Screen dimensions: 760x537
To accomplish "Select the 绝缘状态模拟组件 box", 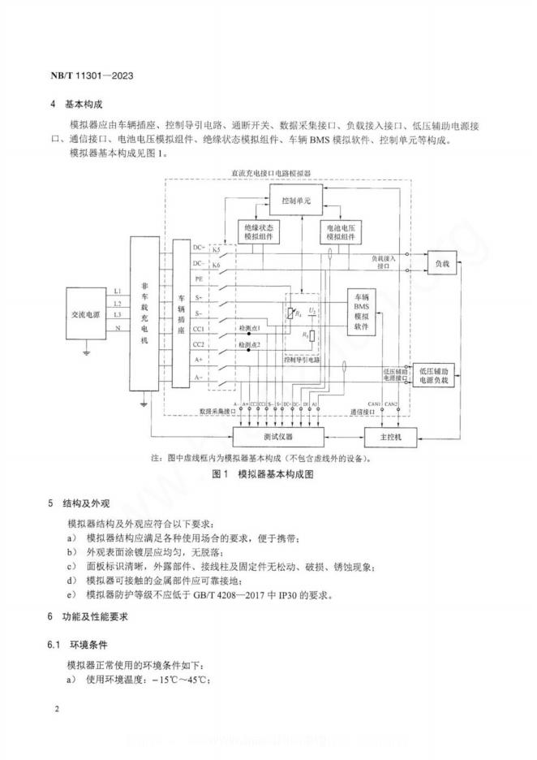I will point(259,232).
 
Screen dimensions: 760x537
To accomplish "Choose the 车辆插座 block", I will point(182,316).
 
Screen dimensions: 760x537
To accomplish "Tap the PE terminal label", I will point(199,279).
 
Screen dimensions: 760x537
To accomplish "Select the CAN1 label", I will point(373,404).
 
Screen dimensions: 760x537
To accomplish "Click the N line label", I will point(118,328).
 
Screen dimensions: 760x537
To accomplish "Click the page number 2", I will point(57,710).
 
